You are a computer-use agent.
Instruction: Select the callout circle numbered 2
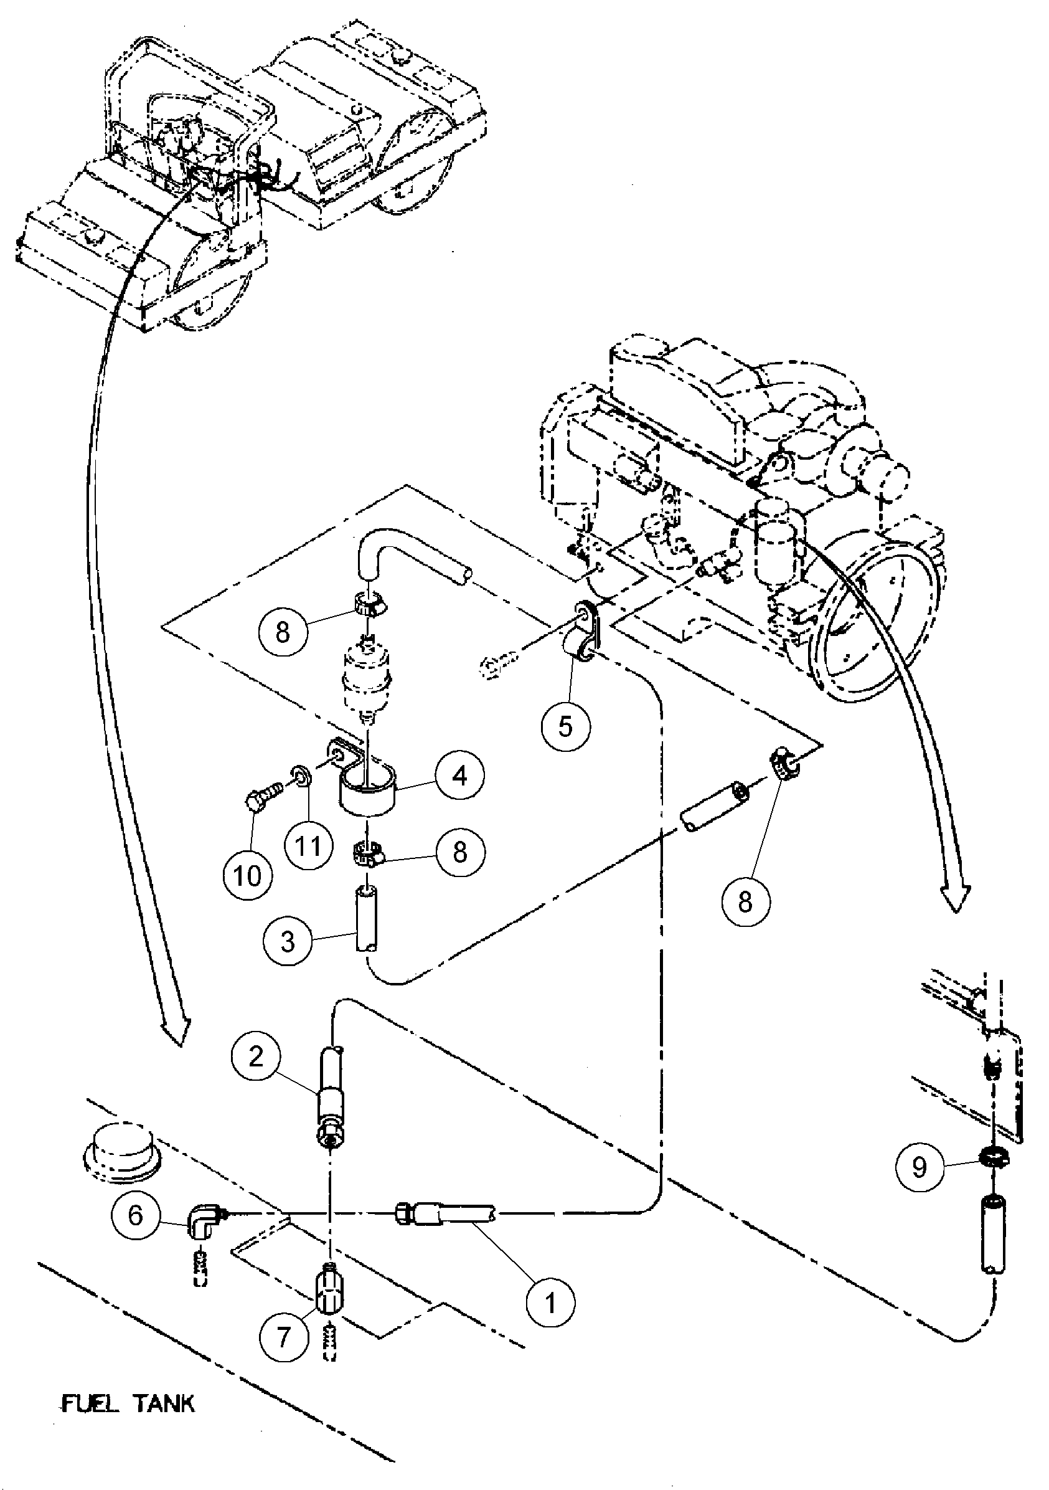[256, 1057]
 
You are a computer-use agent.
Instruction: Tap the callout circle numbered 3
[288, 942]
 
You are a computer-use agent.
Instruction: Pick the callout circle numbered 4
[460, 775]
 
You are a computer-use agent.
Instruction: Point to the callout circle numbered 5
[566, 727]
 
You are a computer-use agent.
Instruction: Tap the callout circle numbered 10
[247, 876]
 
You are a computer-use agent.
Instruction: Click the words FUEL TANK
[128, 1403]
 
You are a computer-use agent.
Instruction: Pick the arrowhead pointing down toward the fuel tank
[176, 1031]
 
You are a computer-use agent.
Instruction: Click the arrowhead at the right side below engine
[957, 898]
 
